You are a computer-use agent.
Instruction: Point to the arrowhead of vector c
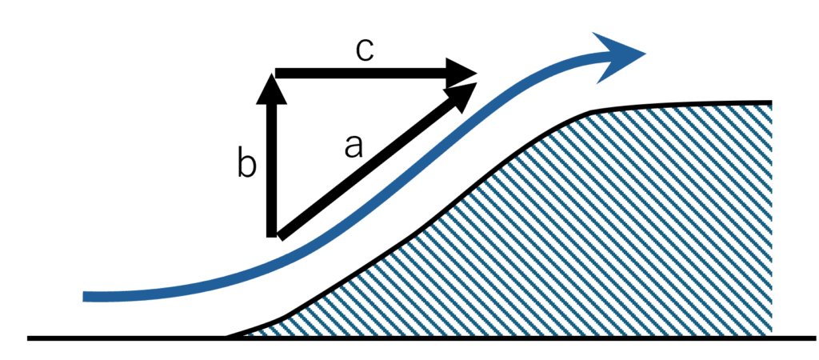tap(461, 73)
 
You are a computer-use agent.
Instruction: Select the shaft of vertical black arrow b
tap(271, 170)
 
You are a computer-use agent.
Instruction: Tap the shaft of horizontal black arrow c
tap(361, 73)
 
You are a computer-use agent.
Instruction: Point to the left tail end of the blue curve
tap(85, 297)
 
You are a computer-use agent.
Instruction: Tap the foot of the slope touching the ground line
tap(227, 337)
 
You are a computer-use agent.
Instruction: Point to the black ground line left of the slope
tap(126, 338)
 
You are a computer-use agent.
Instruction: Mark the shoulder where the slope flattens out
tap(590, 111)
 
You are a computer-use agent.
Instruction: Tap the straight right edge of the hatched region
tap(771, 219)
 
